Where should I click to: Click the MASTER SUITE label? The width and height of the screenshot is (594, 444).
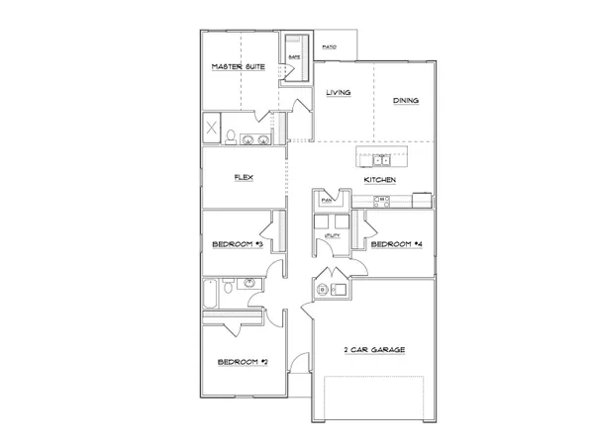(x=238, y=66)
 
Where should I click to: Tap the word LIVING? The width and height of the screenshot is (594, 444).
(x=340, y=94)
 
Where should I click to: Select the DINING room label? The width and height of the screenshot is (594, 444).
(x=406, y=100)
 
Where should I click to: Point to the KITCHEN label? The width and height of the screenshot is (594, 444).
(x=380, y=180)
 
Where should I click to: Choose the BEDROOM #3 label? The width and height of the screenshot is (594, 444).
(x=238, y=243)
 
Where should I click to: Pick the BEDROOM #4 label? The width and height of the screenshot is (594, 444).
(x=396, y=243)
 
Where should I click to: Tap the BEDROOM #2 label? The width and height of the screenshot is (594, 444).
(x=243, y=362)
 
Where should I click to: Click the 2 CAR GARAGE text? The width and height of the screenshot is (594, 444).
(x=374, y=350)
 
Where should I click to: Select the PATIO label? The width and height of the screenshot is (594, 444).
(x=330, y=46)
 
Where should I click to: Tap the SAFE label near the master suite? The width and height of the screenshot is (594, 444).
(x=294, y=58)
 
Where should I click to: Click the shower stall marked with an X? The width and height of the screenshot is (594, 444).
(x=212, y=129)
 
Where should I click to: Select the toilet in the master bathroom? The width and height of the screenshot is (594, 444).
(x=232, y=136)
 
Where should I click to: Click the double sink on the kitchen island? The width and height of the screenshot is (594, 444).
(x=381, y=158)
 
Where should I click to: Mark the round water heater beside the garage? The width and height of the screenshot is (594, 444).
(x=324, y=290)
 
